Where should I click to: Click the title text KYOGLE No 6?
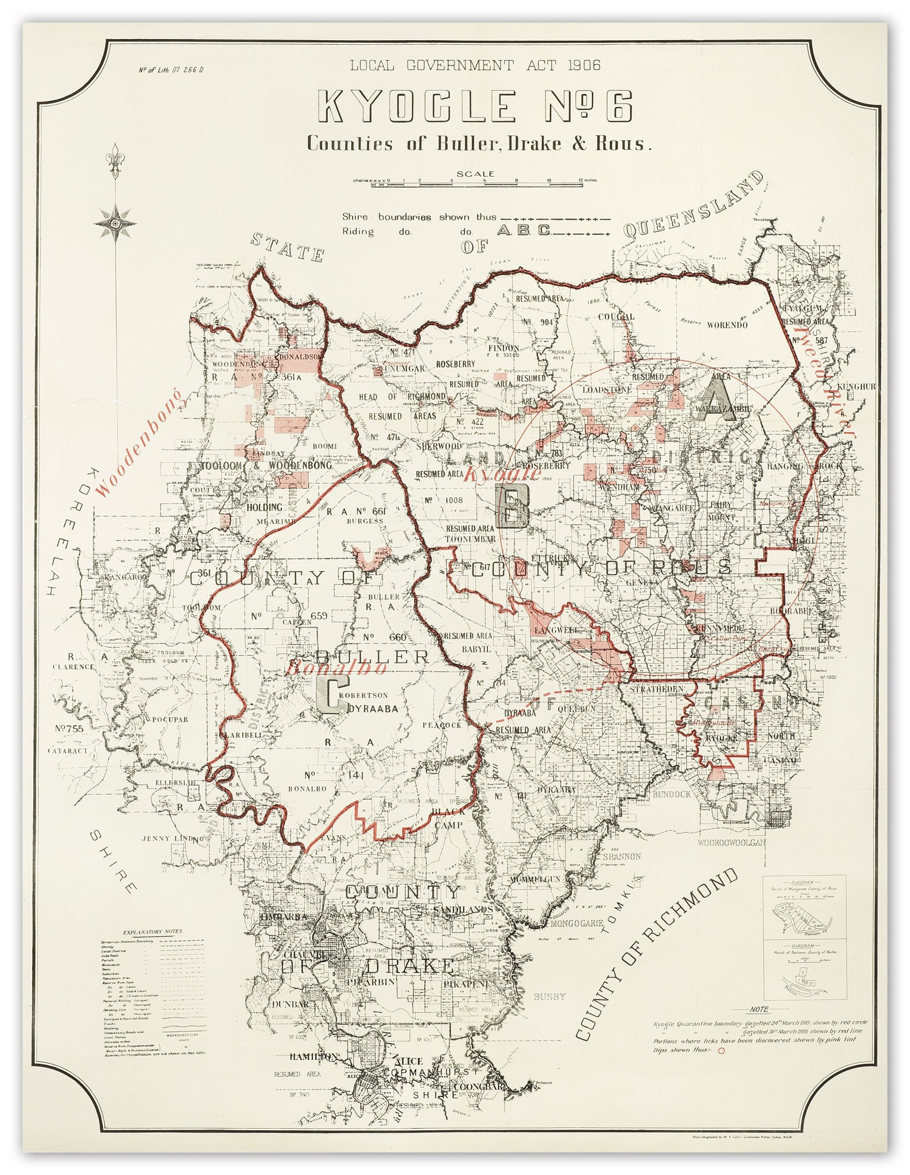[x=470, y=107]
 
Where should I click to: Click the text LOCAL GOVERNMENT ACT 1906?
[x=475, y=65]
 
